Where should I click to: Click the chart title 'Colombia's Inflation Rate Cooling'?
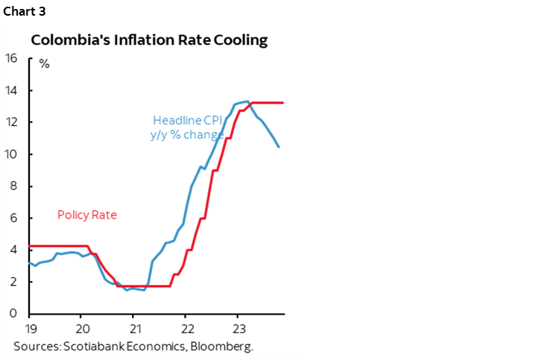pos(148,40)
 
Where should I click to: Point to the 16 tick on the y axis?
pos(13,59)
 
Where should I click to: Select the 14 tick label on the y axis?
pos(13,90)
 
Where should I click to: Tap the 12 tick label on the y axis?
pos(13,122)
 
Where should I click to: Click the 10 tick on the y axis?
pos(13,154)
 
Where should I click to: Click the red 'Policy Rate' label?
pos(87,215)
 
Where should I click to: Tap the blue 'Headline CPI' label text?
pos(187,120)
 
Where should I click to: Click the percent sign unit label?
pos(45,63)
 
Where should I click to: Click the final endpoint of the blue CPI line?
pos(279,147)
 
